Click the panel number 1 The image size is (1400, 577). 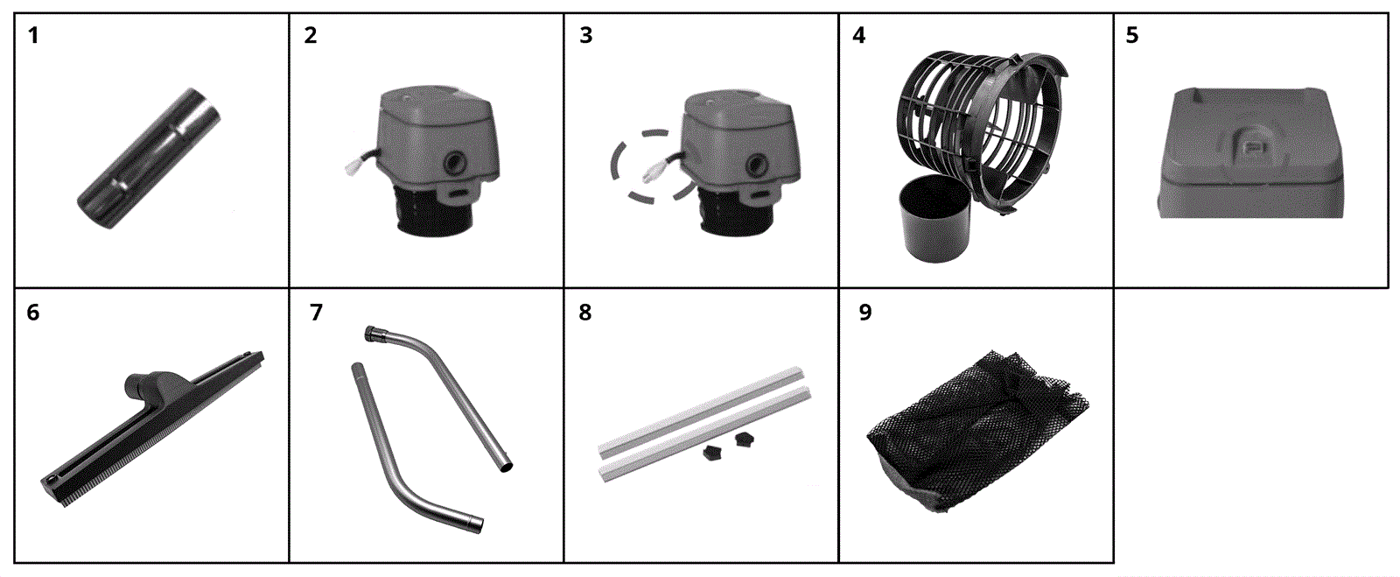[x=33, y=36]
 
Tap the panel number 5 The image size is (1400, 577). [x=1132, y=36]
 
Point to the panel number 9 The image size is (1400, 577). [x=865, y=312]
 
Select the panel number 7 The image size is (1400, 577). [x=316, y=312]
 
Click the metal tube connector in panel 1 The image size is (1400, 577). [x=150, y=158]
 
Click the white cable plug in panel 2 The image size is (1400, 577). [x=354, y=164]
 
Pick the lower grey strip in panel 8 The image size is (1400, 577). [x=704, y=435]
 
